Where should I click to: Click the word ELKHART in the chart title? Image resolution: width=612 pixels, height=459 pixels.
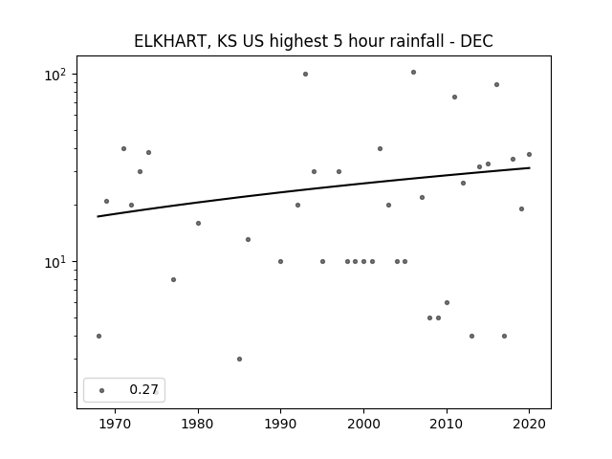(x=170, y=41)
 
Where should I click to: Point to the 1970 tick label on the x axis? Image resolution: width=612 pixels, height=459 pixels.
(x=115, y=424)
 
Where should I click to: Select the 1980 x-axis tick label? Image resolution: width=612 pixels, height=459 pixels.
(x=198, y=424)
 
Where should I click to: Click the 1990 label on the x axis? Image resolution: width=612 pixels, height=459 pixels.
(x=280, y=424)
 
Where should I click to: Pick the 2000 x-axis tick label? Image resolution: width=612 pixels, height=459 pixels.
(x=363, y=424)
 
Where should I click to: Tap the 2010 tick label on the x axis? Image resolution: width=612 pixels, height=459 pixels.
(x=447, y=424)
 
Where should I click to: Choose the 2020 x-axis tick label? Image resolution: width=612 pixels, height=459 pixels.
(x=529, y=424)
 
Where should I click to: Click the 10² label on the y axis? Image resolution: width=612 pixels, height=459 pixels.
(x=56, y=75)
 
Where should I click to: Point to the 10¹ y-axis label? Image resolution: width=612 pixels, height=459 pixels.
(x=56, y=262)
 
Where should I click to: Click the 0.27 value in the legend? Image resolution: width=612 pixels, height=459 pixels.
(x=143, y=389)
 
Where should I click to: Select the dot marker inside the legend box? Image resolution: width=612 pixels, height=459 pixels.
(x=102, y=390)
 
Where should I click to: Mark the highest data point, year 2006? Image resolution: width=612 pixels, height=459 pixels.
(x=413, y=73)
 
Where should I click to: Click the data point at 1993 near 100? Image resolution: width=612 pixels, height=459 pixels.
(x=305, y=75)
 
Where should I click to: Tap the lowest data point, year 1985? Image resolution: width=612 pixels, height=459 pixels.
(x=239, y=360)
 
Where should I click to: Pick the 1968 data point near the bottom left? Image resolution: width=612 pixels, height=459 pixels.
(x=98, y=336)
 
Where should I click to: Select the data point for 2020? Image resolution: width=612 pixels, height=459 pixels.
(x=529, y=155)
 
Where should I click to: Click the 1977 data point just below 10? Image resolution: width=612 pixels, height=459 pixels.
(x=173, y=279)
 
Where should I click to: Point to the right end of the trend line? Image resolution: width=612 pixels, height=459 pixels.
(x=530, y=168)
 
